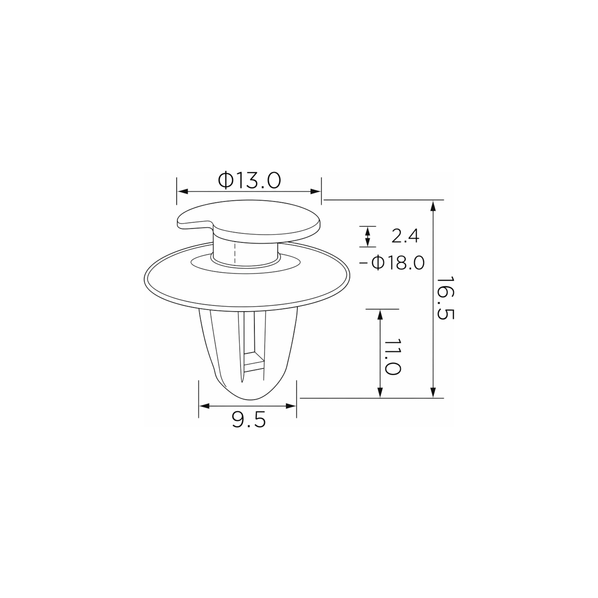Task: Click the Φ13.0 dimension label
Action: point(249,181)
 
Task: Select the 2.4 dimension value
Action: point(405,236)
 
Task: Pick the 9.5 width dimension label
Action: point(249,420)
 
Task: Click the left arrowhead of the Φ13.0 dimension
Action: point(183,192)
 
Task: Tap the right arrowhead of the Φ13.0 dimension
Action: point(316,192)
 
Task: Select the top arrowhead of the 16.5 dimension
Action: point(433,206)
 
